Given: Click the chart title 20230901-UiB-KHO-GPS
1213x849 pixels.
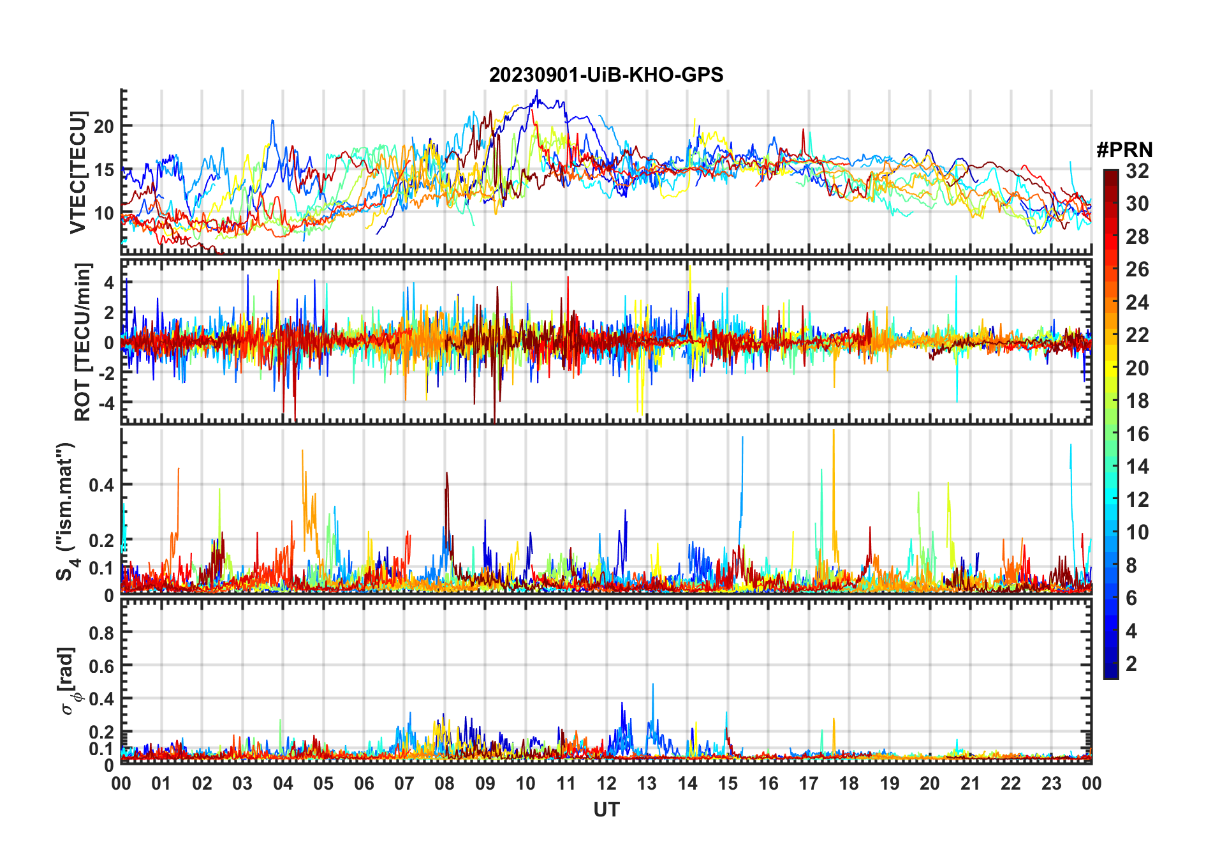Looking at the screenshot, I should tap(606, 75).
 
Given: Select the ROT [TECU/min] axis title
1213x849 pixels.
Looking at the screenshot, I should tap(82, 342).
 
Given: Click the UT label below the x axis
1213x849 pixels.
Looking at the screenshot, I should tap(606, 810).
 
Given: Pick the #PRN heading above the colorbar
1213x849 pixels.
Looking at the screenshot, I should tap(1124, 150).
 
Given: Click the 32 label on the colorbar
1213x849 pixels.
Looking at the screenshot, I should tap(1137, 171).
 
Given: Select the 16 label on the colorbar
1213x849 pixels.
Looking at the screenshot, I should tap(1137, 434).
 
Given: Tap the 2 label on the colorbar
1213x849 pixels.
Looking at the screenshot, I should tap(1131, 664).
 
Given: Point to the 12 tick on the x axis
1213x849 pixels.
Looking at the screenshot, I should tap(606, 783).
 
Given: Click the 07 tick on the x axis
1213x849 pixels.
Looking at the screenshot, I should tap(404, 783).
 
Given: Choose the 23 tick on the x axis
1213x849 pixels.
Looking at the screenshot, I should tap(1051, 783).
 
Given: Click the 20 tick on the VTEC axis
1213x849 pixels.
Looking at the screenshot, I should tap(104, 126).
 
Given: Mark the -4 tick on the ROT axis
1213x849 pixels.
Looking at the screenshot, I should tap(106, 403).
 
